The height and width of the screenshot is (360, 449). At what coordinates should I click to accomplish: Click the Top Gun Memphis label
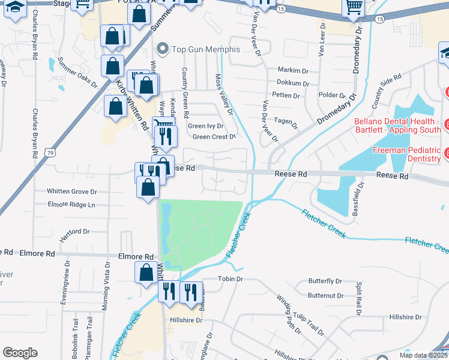pyautogui.click(x=206, y=49)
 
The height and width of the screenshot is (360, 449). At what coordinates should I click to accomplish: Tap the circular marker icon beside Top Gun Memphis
pyautogui.click(x=161, y=49)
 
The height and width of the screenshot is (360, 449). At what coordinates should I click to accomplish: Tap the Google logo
pyautogui.click(x=20, y=352)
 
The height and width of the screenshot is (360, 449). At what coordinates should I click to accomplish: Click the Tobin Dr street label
pyautogui.click(x=230, y=279)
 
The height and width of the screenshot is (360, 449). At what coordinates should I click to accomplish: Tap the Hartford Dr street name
pyautogui.click(x=74, y=231)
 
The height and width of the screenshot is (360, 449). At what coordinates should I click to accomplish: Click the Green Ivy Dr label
pyautogui.click(x=205, y=126)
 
